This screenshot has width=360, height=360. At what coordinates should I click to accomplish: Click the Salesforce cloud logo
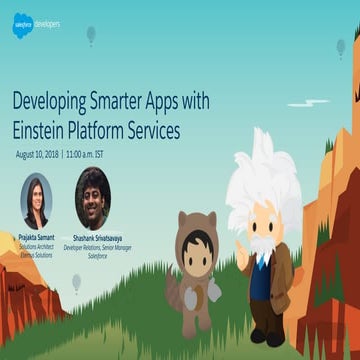(22, 24)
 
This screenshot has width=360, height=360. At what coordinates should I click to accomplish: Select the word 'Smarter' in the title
(150, 101)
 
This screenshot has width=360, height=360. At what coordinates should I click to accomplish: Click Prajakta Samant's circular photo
(36, 200)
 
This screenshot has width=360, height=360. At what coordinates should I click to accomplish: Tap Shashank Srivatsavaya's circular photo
(93, 197)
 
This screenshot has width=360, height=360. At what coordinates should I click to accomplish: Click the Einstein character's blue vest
(261, 277)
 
